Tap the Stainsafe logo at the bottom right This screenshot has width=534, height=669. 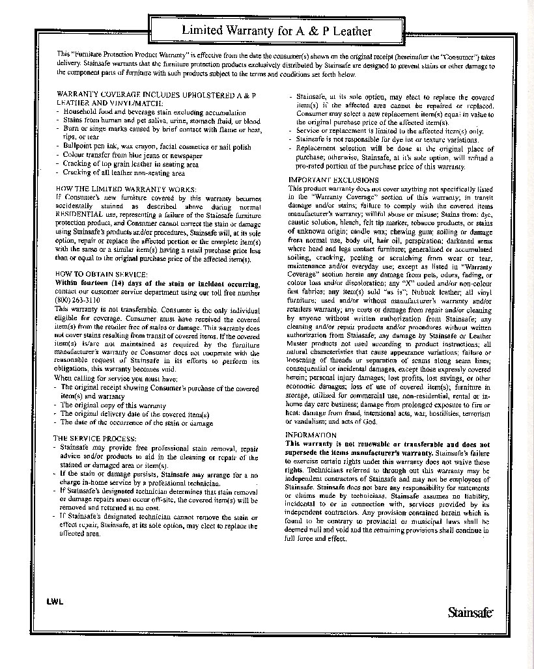click(470, 612)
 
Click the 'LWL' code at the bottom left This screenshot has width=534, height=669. click(54, 602)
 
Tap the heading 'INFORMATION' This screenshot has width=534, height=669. click(311, 435)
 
